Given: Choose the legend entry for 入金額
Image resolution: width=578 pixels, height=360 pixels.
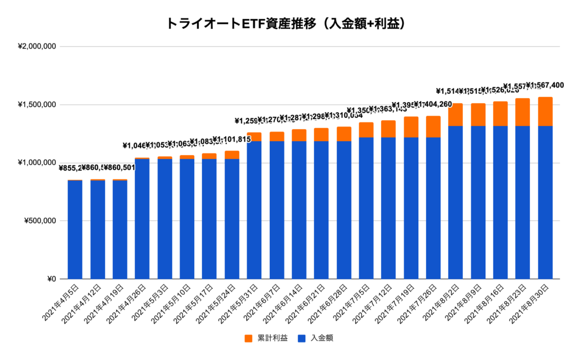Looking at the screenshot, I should pos(319,338).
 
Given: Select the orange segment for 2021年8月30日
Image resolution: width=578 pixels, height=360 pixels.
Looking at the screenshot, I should pos(545,111).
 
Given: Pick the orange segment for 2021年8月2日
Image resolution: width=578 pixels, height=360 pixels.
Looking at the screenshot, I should pos(456,115).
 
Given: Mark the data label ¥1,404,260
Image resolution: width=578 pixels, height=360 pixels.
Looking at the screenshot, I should pos(435,104).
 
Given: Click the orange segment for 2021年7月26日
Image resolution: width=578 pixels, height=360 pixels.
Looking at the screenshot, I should pos(433,126).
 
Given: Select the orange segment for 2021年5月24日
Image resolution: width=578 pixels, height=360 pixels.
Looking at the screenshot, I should pos(231,155).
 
